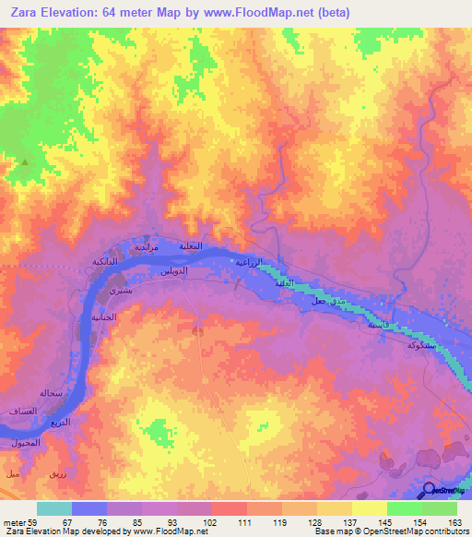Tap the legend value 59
pyautogui.click(x=35, y=521)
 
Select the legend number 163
pyautogui.click(x=454, y=521)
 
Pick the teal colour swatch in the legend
pyautogui.click(x=54, y=508)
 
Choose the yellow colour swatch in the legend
pyautogui.click(x=369, y=508)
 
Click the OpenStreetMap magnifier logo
pyautogui.click(x=430, y=490)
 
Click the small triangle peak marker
pyautogui.click(x=25, y=162)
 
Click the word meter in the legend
pyautogui.click(x=15, y=521)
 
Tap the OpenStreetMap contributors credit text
pyautogui.click(x=396, y=531)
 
